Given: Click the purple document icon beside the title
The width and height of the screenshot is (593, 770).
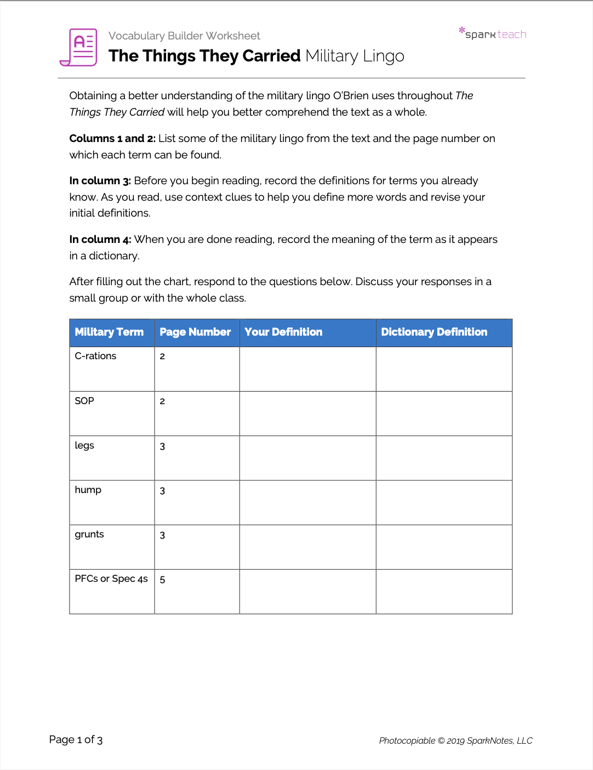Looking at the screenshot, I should tap(79, 47).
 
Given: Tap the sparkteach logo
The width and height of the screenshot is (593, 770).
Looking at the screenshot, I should tap(493, 33).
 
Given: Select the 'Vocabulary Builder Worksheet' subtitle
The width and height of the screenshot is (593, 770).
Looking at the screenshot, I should tap(184, 36).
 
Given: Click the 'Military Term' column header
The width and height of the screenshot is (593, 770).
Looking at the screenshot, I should tap(109, 332).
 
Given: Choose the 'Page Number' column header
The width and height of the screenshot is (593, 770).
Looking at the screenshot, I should tap(195, 332).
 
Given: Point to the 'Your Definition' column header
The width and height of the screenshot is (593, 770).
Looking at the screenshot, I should tap(283, 332).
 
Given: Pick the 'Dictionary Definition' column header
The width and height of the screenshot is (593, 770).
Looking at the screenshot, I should tap(434, 332).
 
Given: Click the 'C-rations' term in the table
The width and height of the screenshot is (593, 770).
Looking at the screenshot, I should tap(95, 356).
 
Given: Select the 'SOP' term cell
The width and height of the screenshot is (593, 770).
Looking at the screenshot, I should tap(84, 401).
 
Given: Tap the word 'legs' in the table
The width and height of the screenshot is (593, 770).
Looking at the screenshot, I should tap(84, 445).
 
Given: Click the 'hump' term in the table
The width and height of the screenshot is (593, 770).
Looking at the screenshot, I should tap(88, 490).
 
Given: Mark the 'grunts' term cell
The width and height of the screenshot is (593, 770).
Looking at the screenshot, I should tap(89, 534).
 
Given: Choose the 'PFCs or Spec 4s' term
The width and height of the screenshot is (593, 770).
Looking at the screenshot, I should tap(111, 579).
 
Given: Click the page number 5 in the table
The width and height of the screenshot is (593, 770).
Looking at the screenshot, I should tap(162, 580).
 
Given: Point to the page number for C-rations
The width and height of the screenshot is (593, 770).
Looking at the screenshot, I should tap(162, 356).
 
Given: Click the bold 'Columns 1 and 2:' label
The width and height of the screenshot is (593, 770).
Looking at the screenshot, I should tap(112, 138).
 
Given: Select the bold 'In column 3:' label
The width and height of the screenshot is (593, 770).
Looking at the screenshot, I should tap(100, 180).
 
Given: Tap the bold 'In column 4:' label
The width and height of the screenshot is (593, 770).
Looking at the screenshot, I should tap(100, 239).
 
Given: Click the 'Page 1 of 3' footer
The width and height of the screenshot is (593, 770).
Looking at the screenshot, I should tap(76, 739).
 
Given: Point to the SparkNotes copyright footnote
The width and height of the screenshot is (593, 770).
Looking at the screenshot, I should tap(455, 740).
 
